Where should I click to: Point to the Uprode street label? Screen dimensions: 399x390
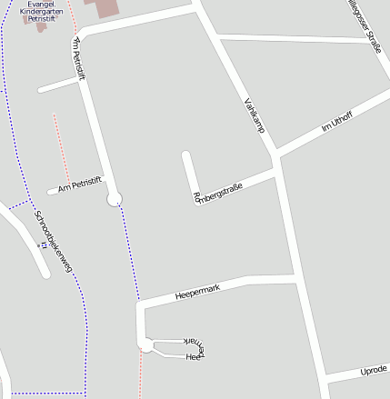pos(373,371)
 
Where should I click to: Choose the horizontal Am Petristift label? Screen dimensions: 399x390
pos(75,187)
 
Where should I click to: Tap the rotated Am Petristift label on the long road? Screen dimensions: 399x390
pos(78,60)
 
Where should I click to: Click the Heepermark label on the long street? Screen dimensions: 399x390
pos(198,292)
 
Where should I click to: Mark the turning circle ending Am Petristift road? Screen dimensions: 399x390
pos(115,199)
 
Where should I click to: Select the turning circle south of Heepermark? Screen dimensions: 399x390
pos(145,344)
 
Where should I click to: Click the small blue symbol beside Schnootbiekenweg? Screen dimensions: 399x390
pos(41,244)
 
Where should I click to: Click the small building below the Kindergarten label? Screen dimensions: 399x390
pos(41,26)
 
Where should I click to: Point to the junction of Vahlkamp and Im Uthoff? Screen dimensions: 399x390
pos(276,152)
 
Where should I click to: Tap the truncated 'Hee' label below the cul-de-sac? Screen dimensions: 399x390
pos(192,357)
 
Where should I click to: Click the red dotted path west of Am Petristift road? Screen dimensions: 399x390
pos(60,145)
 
